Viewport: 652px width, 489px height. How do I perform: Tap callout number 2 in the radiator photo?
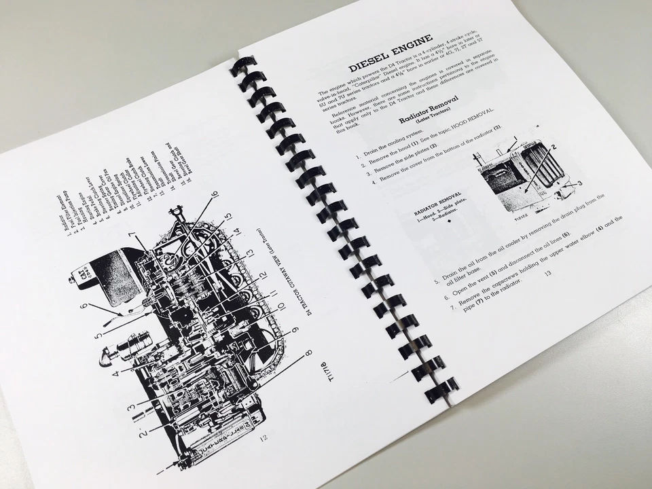(x=554, y=147)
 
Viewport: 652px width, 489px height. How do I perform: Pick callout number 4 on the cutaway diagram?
(x=117, y=373)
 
